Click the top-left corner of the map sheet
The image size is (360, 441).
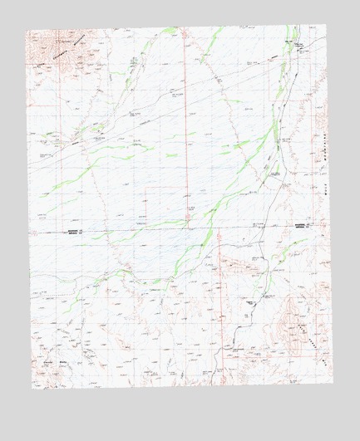pos(25,31)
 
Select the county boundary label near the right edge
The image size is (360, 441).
pos(301,225)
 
